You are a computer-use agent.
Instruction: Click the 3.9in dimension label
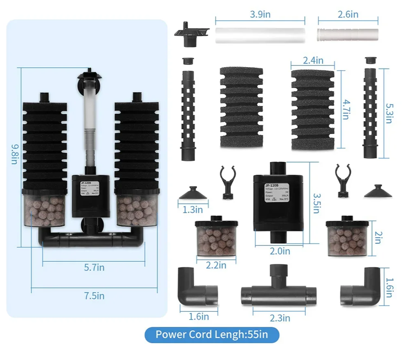(x=260, y=15)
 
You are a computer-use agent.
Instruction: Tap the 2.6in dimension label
(x=348, y=15)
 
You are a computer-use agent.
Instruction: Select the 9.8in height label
(x=15, y=153)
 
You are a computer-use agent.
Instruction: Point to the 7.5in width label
(x=94, y=295)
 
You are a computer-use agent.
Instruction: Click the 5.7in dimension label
(x=94, y=268)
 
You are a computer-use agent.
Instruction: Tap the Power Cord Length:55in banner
(x=212, y=334)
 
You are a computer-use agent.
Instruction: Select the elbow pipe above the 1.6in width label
(x=198, y=288)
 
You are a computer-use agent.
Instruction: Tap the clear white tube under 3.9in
(x=260, y=35)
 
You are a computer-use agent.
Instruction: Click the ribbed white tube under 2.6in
(x=348, y=35)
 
